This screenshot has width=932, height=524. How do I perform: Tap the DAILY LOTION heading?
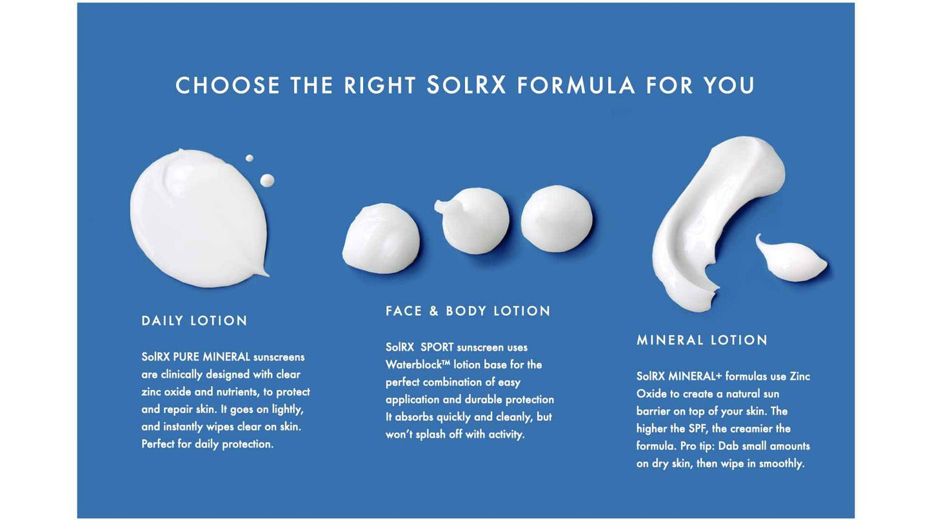click(195, 320)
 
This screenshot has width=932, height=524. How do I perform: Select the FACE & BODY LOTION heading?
click(468, 311)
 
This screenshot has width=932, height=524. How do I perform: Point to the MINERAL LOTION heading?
click(702, 340)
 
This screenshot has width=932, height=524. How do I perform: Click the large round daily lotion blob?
click(197, 216)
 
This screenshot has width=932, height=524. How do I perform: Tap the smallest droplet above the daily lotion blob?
click(249, 158)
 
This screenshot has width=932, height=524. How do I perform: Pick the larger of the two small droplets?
click(267, 180)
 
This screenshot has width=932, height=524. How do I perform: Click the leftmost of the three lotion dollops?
click(381, 238)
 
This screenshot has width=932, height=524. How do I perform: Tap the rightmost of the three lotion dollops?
click(556, 218)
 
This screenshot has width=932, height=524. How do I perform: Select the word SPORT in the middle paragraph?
click(437, 347)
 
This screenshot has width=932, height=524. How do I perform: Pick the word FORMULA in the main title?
click(576, 86)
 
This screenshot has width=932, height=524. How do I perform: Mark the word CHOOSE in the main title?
click(228, 86)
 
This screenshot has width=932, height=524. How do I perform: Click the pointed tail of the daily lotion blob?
click(263, 273)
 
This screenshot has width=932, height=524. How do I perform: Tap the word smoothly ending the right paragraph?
click(781, 463)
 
